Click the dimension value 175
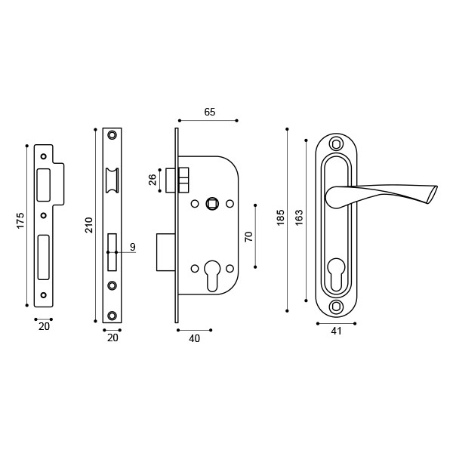coord(20,220)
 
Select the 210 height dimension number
coord(89,224)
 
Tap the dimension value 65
coord(210,112)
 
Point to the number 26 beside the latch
coord(153,180)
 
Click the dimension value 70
coord(248,236)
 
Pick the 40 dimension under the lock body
coord(194,338)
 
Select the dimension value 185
coord(281,218)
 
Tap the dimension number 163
coord(299,218)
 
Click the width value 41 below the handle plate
coord(336,331)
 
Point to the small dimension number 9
coord(133,247)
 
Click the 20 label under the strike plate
coord(44,326)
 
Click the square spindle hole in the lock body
coord(213,203)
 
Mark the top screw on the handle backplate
coord(337,143)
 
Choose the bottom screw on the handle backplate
coord(337,306)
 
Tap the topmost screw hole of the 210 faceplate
coord(112,135)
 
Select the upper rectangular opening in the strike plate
coord(43,183)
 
